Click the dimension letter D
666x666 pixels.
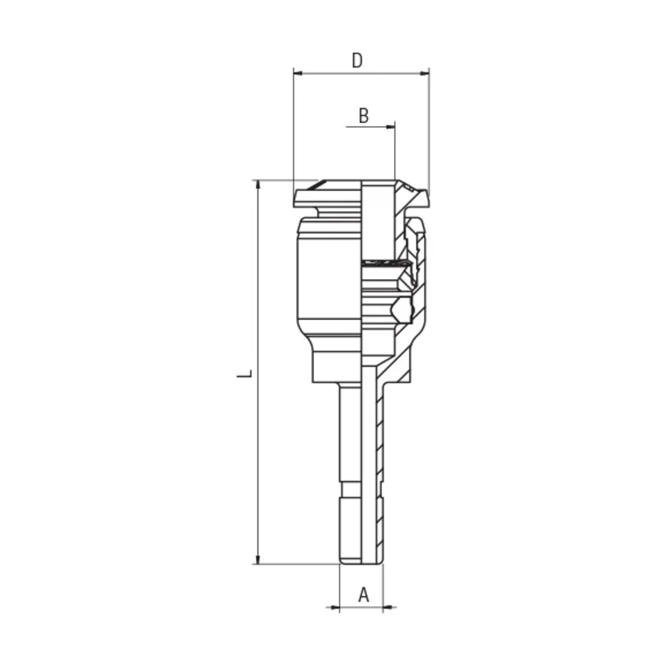tap(357, 60)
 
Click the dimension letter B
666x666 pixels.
tap(363, 116)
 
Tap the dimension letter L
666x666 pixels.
tap(244, 374)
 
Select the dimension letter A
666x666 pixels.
tap(363, 595)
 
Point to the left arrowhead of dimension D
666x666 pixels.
tap(298, 73)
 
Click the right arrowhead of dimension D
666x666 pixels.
tap(425, 73)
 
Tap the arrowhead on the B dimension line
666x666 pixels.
tap(390, 127)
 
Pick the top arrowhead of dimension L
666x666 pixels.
tap(258, 185)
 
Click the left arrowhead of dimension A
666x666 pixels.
tap(335, 607)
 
